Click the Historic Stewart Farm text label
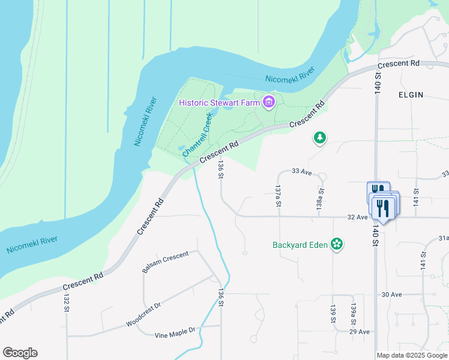click(219, 103)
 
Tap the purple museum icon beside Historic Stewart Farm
click(268, 103)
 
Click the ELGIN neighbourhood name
click(411, 95)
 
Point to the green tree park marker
click(321, 139)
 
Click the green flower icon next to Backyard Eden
click(337, 244)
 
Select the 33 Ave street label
click(302, 172)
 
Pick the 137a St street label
click(278, 196)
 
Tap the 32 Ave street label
click(357, 217)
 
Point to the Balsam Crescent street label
click(165, 262)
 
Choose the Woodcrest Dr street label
click(143, 314)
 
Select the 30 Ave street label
click(391, 295)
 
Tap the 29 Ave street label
click(360, 331)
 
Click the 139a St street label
click(354, 313)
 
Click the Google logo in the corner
click(20, 353)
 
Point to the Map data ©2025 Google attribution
click(412, 355)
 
